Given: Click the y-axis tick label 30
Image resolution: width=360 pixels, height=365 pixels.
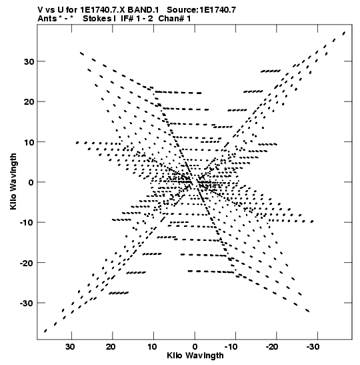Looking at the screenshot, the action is coord(29,61).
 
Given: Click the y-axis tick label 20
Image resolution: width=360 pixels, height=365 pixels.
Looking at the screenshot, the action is coord(29,101).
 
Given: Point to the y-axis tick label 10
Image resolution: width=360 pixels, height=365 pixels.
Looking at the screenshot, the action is coord(29,142).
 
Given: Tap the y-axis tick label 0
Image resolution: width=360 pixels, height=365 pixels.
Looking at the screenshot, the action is coord(31,182).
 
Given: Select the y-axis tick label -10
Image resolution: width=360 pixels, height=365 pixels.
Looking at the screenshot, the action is coord(27,223).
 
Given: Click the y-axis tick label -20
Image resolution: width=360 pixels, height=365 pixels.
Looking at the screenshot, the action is coord(27,263).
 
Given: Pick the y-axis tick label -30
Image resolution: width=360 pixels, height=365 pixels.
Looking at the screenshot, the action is coord(27,303).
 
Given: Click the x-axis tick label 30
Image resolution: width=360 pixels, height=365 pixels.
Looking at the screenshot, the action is coord(70,347).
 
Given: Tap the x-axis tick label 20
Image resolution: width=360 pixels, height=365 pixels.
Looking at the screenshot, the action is coord(111,347).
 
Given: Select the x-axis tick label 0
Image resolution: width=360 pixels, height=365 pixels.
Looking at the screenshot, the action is coord(195,347).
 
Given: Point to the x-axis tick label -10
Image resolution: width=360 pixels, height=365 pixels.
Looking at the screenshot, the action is coord(231,347).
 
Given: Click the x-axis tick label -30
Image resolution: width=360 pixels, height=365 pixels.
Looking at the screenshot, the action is coord(313,347).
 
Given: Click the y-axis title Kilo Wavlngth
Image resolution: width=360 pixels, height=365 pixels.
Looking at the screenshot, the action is coord(13,181).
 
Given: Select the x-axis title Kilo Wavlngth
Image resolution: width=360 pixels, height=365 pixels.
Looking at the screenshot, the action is coord(195,356).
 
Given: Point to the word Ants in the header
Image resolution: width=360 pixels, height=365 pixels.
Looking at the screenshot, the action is coord(47,19).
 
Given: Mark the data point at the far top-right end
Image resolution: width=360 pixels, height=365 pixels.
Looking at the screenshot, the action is coord(344,33).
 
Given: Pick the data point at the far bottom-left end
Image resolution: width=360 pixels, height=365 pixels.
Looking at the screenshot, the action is coord(45,331).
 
